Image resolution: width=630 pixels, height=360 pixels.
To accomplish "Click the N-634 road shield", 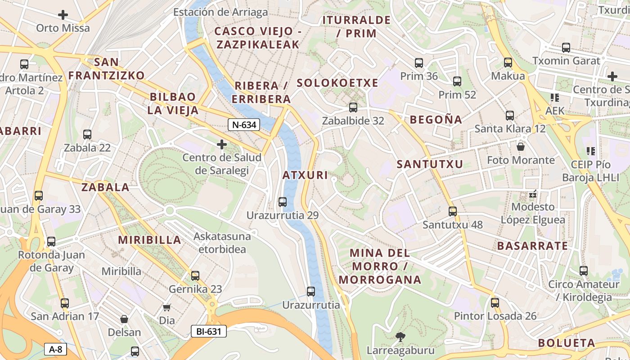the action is coord(244,125).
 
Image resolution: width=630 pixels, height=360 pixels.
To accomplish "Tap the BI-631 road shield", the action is coord(208,332).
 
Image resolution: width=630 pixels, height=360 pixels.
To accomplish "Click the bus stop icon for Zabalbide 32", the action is coord(353,108).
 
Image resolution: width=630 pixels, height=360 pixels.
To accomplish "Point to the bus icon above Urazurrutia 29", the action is coord(283,202).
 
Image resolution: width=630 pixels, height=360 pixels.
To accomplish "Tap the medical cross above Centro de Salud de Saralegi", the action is coord(221,144).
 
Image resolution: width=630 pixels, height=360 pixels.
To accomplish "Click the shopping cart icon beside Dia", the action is coord(167,308).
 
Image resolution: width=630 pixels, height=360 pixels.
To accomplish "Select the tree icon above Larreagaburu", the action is coord(400,337).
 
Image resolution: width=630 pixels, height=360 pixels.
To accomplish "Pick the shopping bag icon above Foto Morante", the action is coord(521,147).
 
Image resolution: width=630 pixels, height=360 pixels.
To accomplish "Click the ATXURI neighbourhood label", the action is coord(306,175).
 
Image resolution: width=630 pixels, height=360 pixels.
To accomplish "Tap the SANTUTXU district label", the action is coord(430,164).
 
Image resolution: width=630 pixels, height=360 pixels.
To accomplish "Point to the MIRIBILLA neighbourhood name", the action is coord(149,240).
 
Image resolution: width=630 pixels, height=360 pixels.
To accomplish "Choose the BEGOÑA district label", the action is coord(436,120).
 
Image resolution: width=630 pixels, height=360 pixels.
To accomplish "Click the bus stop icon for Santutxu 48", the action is coord(453,211).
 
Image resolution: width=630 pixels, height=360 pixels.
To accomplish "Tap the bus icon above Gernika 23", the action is coord(195,275).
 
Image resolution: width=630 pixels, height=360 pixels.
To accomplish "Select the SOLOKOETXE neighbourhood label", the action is coord(337,83).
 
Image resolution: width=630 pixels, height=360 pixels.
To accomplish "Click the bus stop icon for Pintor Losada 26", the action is coord(495,303).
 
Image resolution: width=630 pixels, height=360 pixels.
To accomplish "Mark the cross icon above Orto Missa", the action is coord(63,15).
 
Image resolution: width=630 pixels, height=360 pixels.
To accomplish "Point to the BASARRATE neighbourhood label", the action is coord(532,246).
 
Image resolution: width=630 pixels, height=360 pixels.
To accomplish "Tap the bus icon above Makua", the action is coord(508,63).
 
